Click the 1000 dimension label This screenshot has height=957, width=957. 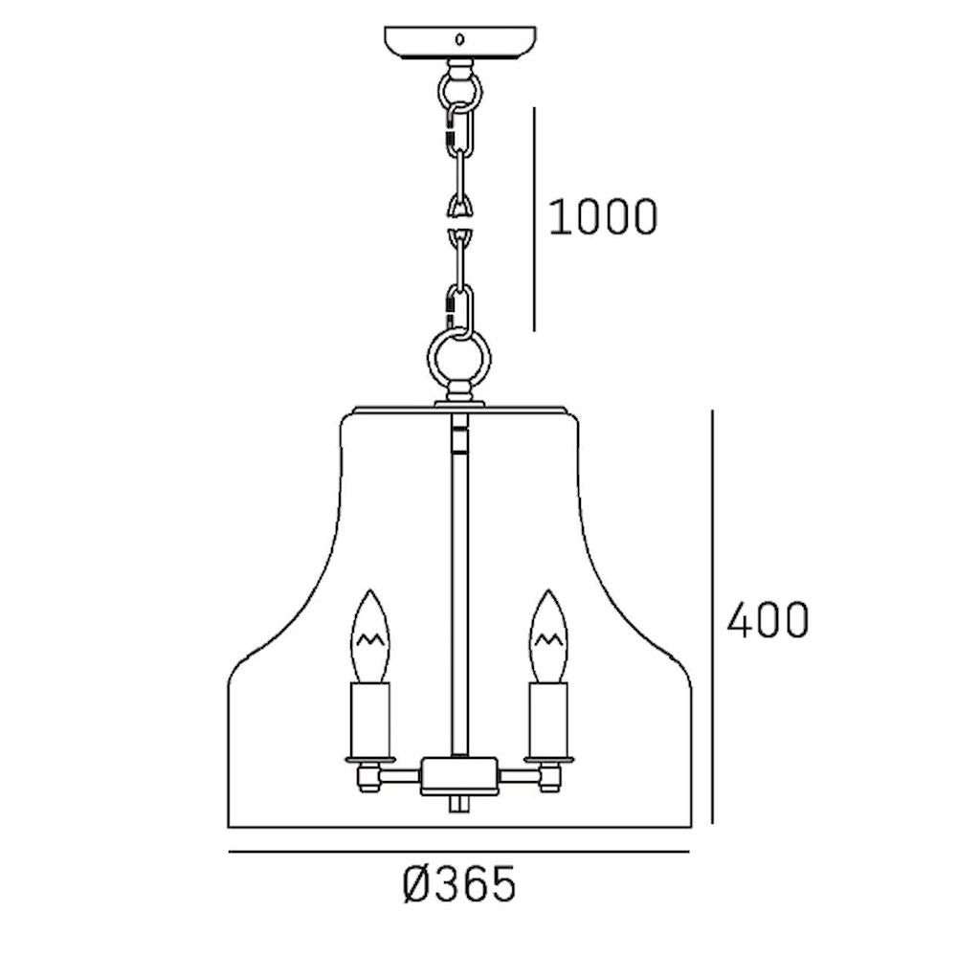603,216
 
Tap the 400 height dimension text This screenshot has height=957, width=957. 768,619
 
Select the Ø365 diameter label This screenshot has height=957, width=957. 459,884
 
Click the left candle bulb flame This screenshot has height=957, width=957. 369,636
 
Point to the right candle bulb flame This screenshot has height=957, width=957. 549,636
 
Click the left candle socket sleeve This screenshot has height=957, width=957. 369,721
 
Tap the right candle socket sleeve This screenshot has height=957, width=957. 549,721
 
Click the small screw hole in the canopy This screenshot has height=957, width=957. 460,40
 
